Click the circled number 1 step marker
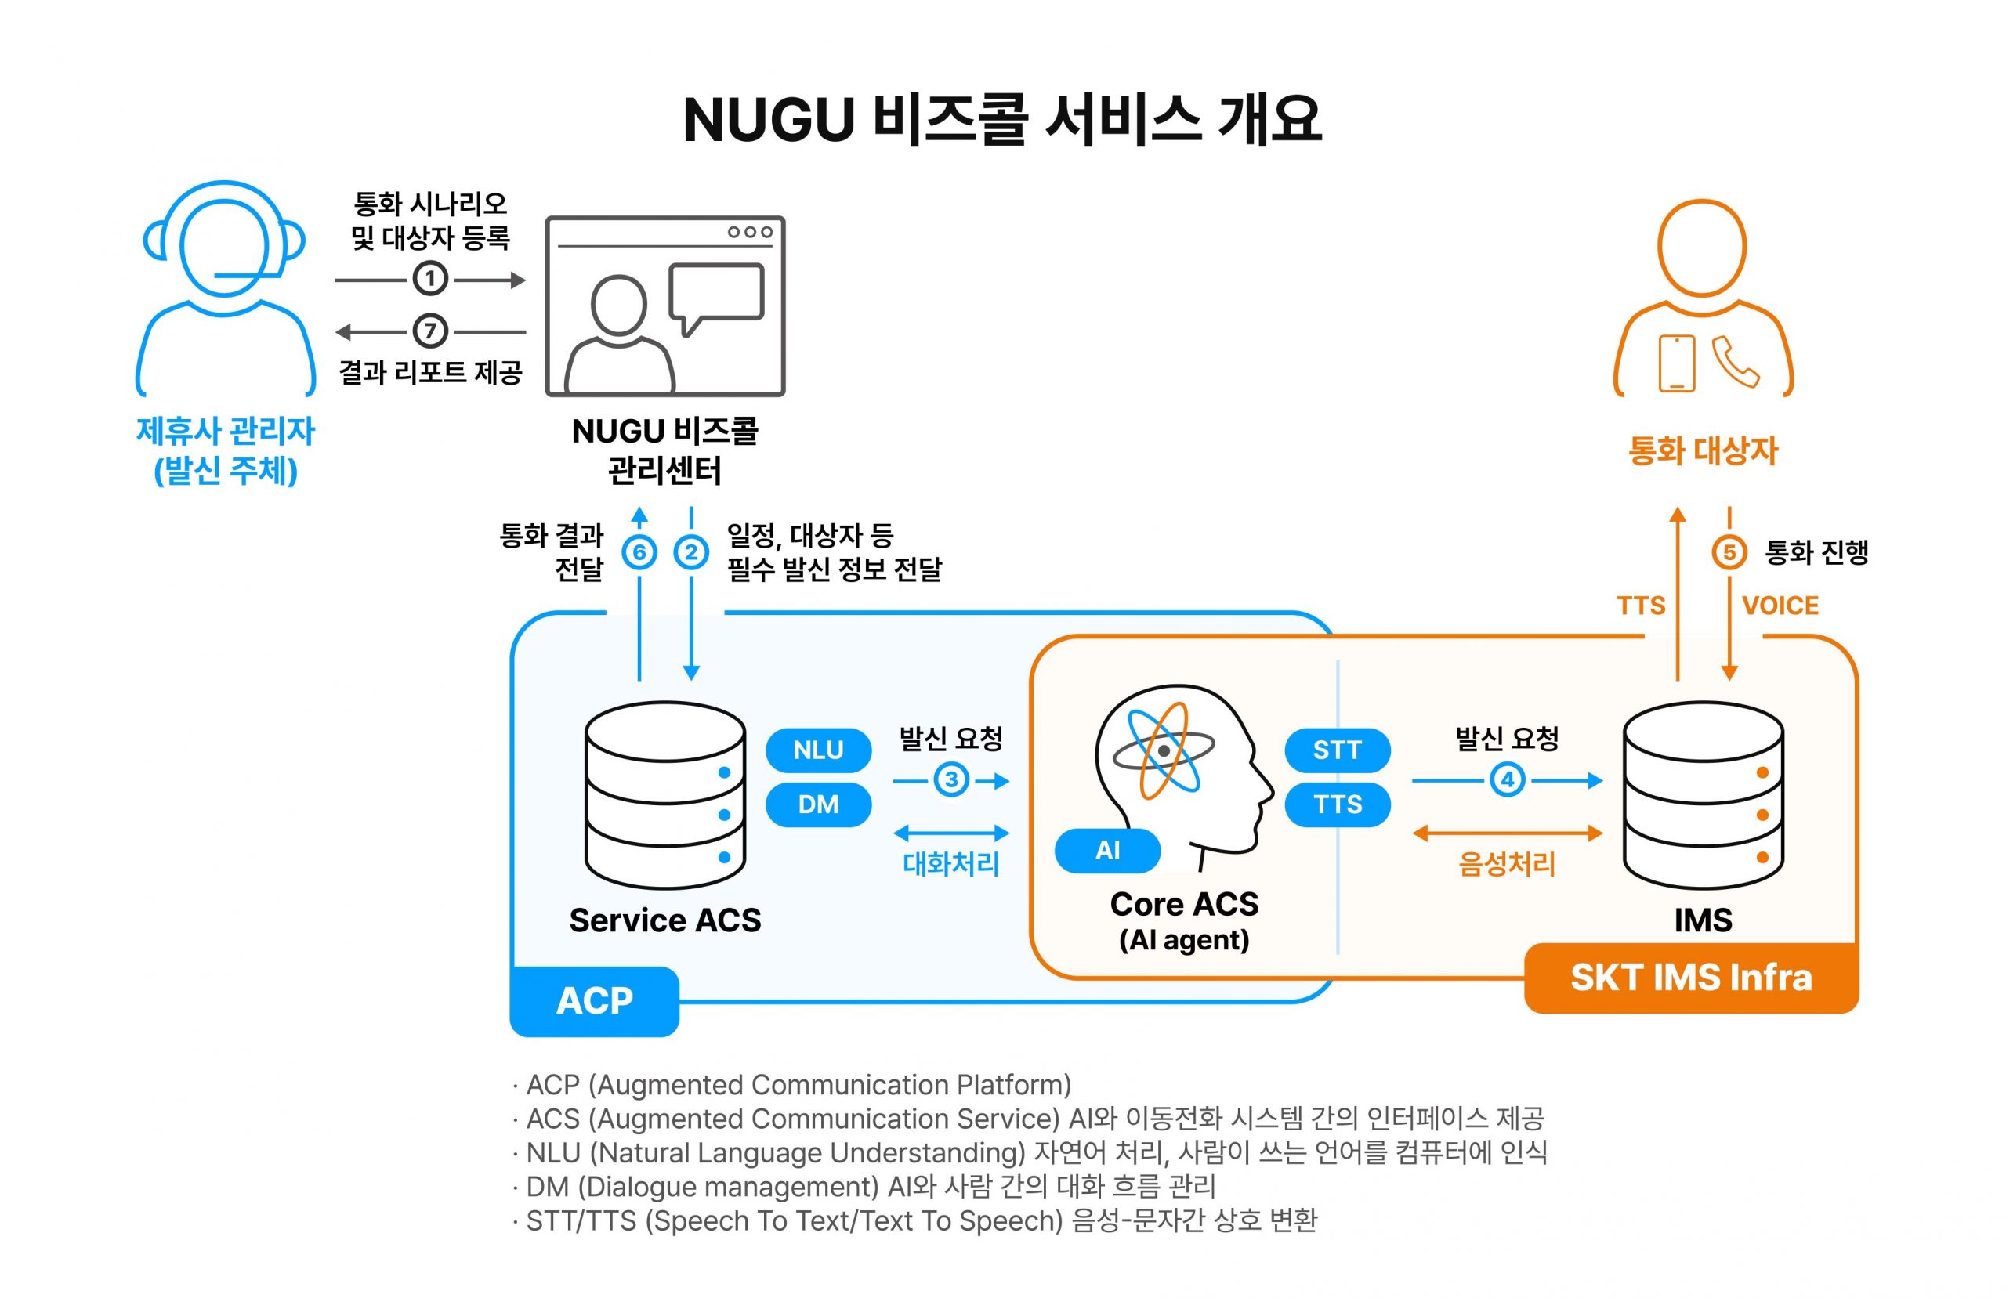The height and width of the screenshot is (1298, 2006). coord(430,279)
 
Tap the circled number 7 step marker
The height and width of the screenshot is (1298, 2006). coord(430,331)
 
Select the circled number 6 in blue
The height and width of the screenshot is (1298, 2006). coord(639,553)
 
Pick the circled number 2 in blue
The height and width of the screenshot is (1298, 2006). coord(691,553)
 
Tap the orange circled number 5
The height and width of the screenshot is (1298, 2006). coord(1729,553)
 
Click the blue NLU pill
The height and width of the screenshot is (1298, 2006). coord(817,750)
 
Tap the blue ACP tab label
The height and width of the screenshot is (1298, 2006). coord(594,1001)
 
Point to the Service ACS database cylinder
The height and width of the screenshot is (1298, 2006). coord(665,796)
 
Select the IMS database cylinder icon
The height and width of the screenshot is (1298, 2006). coord(1704,796)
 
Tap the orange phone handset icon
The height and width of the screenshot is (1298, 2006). coord(1735,363)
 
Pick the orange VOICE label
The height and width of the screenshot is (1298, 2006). coord(1780,606)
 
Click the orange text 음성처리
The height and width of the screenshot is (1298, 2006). coord(1507,864)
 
